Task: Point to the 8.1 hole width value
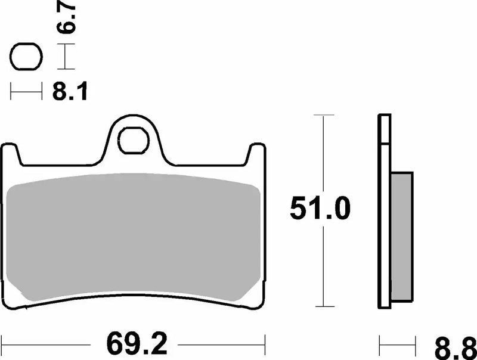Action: (69, 92)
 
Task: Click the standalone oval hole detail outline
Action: (25, 57)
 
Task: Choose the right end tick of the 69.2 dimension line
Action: (264, 344)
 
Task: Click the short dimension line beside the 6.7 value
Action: (66, 58)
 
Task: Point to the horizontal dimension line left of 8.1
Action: (26, 92)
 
